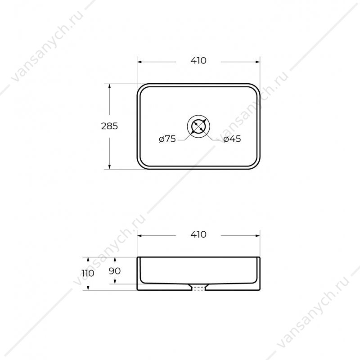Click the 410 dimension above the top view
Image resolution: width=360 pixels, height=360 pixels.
(x=198, y=61)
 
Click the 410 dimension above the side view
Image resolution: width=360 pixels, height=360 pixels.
(x=198, y=234)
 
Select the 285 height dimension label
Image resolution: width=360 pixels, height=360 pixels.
(x=109, y=126)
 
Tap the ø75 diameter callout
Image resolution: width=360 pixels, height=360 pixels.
(x=167, y=139)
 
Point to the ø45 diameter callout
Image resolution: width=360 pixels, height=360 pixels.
(x=232, y=139)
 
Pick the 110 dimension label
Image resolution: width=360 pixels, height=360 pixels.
(x=88, y=273)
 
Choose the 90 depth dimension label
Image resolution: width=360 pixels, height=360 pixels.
(x=115, y=271)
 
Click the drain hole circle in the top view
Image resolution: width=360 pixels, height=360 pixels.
(x=198, y=126)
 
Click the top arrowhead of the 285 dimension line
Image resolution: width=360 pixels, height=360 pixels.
(x=109, y=86)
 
